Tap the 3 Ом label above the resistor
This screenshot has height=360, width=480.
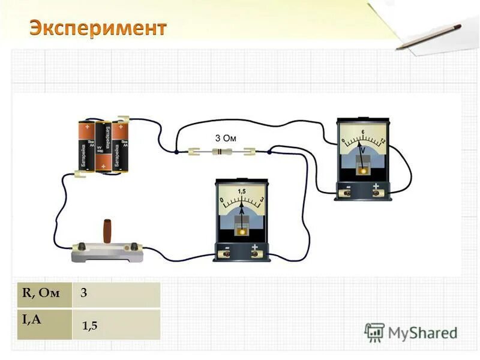click(x=226, y=137)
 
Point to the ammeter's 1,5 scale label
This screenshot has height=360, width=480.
click(x=242, y=191)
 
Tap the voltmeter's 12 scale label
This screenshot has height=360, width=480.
click(x=382, y=140)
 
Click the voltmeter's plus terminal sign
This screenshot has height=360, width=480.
click(x=376, y=187)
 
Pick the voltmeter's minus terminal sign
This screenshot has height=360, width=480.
click(x=347, y=187)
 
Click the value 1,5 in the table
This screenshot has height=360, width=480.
click(x=90, y=326)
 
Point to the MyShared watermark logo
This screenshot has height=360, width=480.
click(x=411, y=332)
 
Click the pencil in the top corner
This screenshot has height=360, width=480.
click(x=428, y=37)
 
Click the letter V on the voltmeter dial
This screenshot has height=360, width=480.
click(x=362, y=149)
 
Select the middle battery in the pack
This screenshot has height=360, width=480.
click(x=103, y=145)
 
